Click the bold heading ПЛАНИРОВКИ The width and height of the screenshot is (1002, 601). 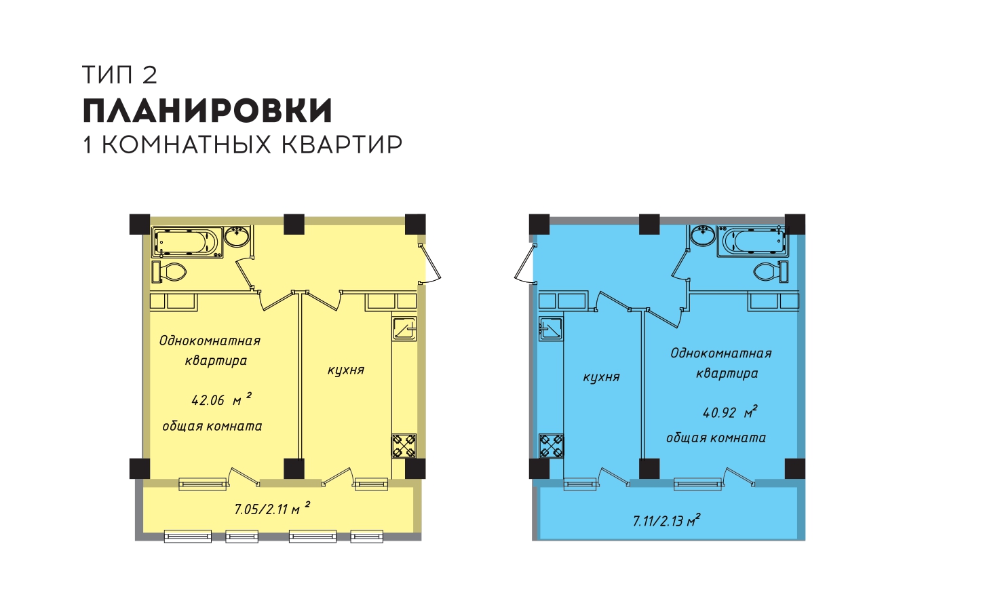(x=208, y=111)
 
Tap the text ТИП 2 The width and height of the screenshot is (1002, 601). (x=120, y=75)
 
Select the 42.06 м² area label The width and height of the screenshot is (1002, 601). (x=221, y=399)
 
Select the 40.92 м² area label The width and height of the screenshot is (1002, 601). (x=729, y=412)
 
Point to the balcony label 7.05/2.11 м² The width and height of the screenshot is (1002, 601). (x=272, y=508)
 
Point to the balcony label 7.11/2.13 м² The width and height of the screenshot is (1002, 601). (x=666, y=520)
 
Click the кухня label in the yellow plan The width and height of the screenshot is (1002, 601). (x=346, y=370)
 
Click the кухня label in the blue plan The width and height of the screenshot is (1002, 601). (x=601, y=377)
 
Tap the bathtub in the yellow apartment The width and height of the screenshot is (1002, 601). (x=187, y=242)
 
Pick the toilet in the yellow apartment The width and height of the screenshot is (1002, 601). (x=169, y=271)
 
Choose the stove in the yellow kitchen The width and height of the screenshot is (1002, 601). (x=404, y=446)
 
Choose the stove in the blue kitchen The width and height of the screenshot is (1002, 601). (x=552, y=446)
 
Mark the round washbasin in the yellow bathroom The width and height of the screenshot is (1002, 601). (x=237, y=236)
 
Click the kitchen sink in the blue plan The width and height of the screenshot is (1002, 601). (x=551, y=329)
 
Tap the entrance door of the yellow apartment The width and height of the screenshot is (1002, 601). (x=429, y=264)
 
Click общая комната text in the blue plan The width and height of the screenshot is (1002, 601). (x=716, y=438)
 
